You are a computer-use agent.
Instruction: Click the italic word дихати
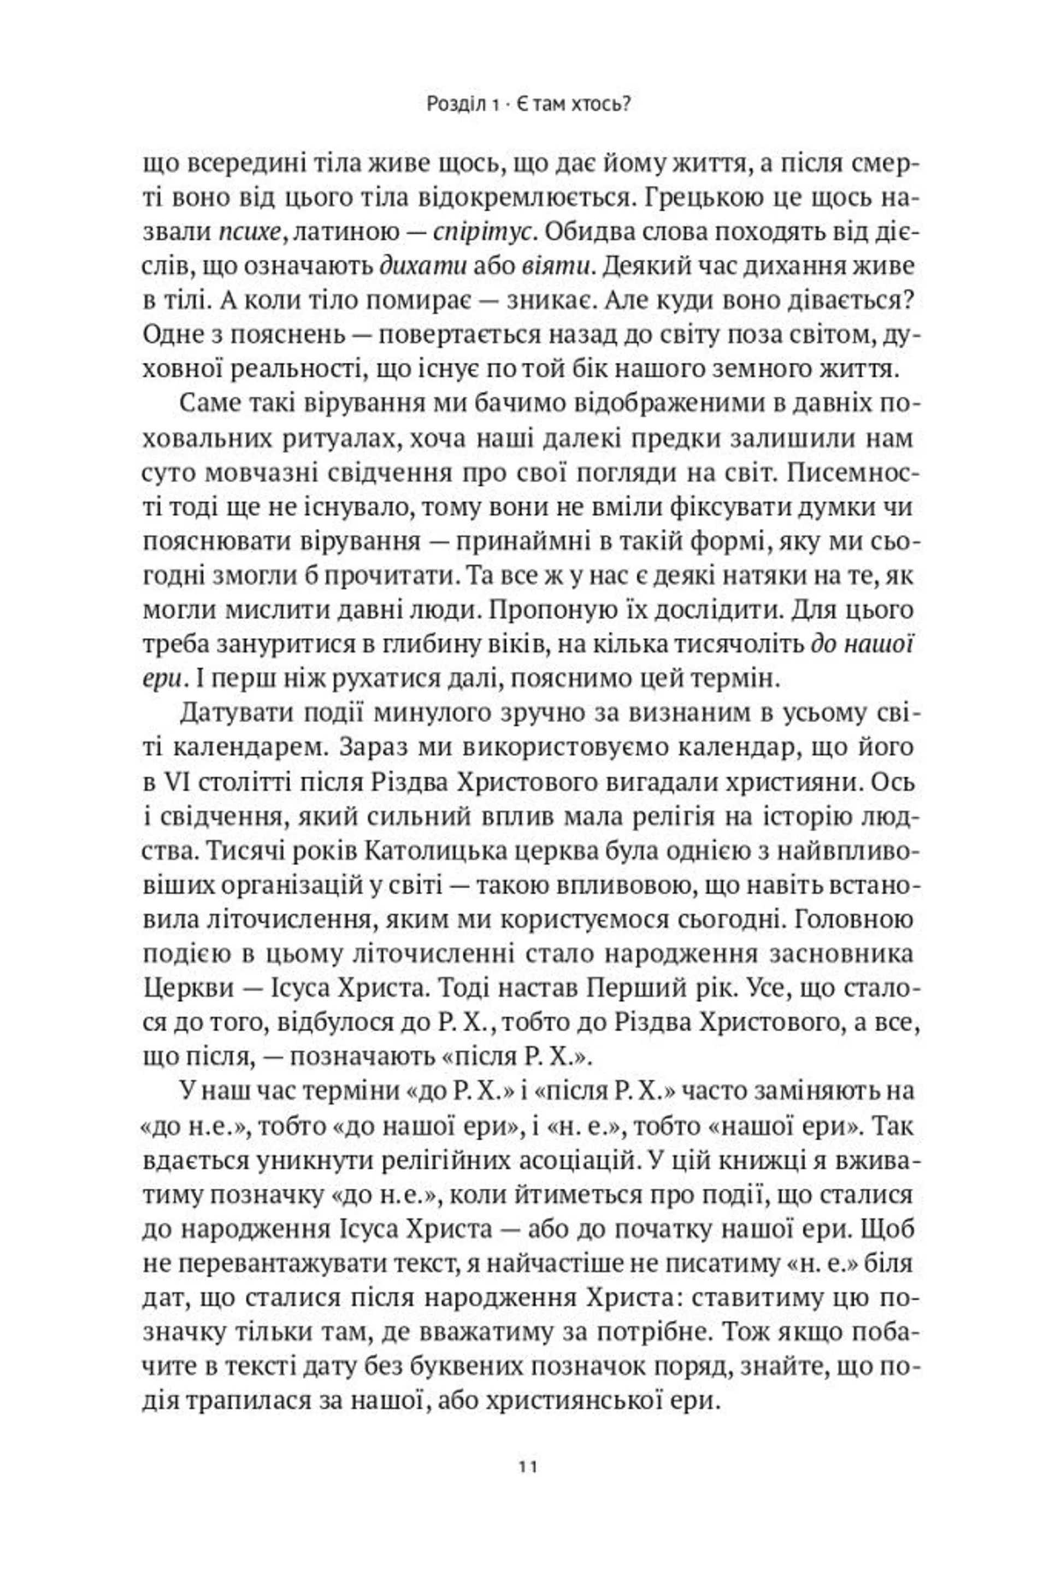click(422, 267)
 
